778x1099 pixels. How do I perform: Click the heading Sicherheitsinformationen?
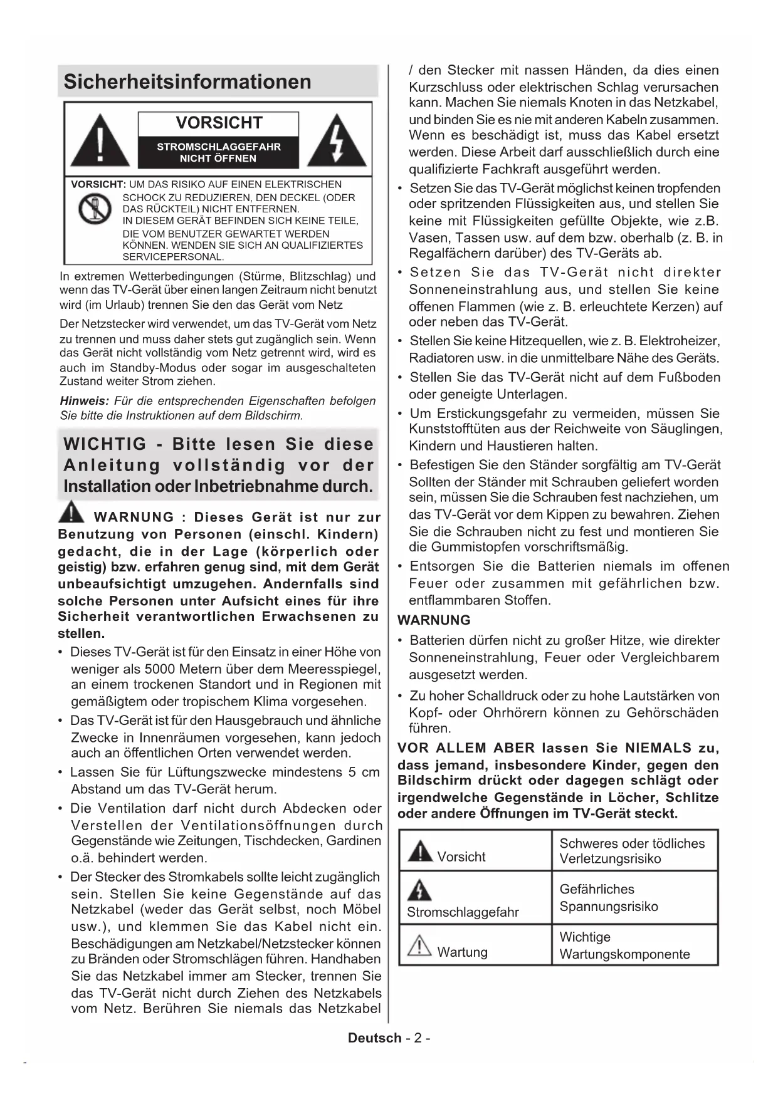tap(187, 81)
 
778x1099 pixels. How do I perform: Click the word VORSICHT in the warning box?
tap(219, 123)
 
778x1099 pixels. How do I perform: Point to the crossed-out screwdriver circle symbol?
tap(95, 209)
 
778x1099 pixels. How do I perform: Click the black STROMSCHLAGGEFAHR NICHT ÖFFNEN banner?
tap(218, 152)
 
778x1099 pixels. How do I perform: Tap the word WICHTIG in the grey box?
tap(105, 444)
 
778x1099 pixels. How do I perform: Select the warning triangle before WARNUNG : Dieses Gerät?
tap(71, 513)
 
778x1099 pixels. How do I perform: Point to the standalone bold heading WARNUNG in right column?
tap(434, 620)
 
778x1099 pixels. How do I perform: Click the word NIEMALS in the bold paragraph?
tap(658, 747)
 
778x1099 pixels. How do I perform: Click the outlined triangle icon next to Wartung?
tap(419, 945)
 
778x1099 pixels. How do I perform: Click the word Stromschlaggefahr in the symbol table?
tap(463, 912)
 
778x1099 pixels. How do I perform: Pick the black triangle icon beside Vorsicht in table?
tap(419, 852)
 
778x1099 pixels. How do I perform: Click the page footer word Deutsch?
tap(374, 1038)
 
